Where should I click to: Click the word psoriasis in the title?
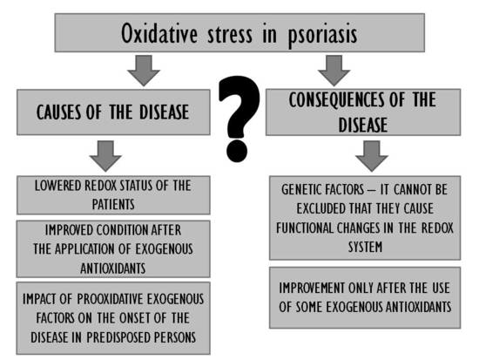coord(322,34)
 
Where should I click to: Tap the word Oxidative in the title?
coord(159,33)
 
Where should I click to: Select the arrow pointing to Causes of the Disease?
coord(144,71)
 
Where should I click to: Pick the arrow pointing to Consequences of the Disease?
coord(334,71)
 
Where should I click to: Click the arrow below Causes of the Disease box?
coord(105,156)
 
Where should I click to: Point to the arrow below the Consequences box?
coord(372,156)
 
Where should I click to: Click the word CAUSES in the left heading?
coord(59,112)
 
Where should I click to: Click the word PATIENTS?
coord(113,204)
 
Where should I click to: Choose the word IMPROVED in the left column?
coord(69,230)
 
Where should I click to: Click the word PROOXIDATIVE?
coord(110,299)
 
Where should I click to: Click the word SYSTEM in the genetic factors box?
coord(365,247)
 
